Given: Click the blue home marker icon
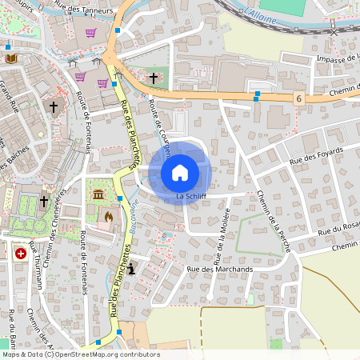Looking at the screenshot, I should (x=180, y=172).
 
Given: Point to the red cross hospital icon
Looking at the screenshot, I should (x=20, y=253).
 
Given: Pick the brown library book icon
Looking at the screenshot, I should (x=11, y=58).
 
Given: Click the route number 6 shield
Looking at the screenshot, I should (x=298, y=98).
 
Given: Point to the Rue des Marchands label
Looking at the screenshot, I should (x=219, y=270).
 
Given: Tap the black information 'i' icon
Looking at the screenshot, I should (x=131, y=270).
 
